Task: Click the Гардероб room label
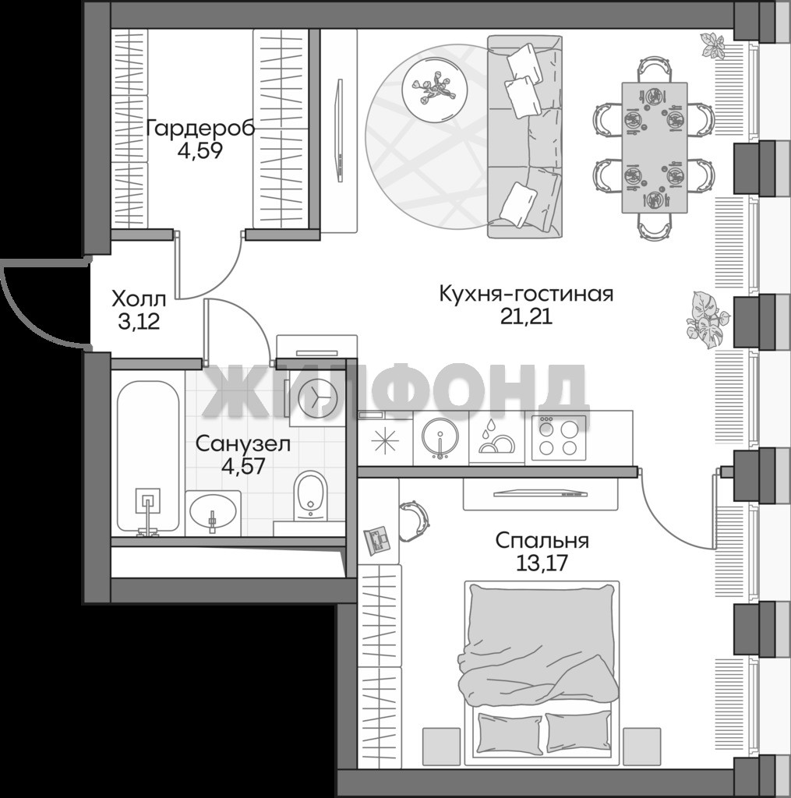tap(200, 129)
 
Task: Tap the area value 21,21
tap(526, 316)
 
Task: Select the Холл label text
tap(139, 298)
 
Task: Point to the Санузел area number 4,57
tap(243, 465)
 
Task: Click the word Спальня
tap(542, 540)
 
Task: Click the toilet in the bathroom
tap(310, 496)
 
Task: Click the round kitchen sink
tap(440, 436)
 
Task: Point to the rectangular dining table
tap(655, 147)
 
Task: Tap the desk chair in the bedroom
tap(413, 521)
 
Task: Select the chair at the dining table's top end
tap(655, 70)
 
